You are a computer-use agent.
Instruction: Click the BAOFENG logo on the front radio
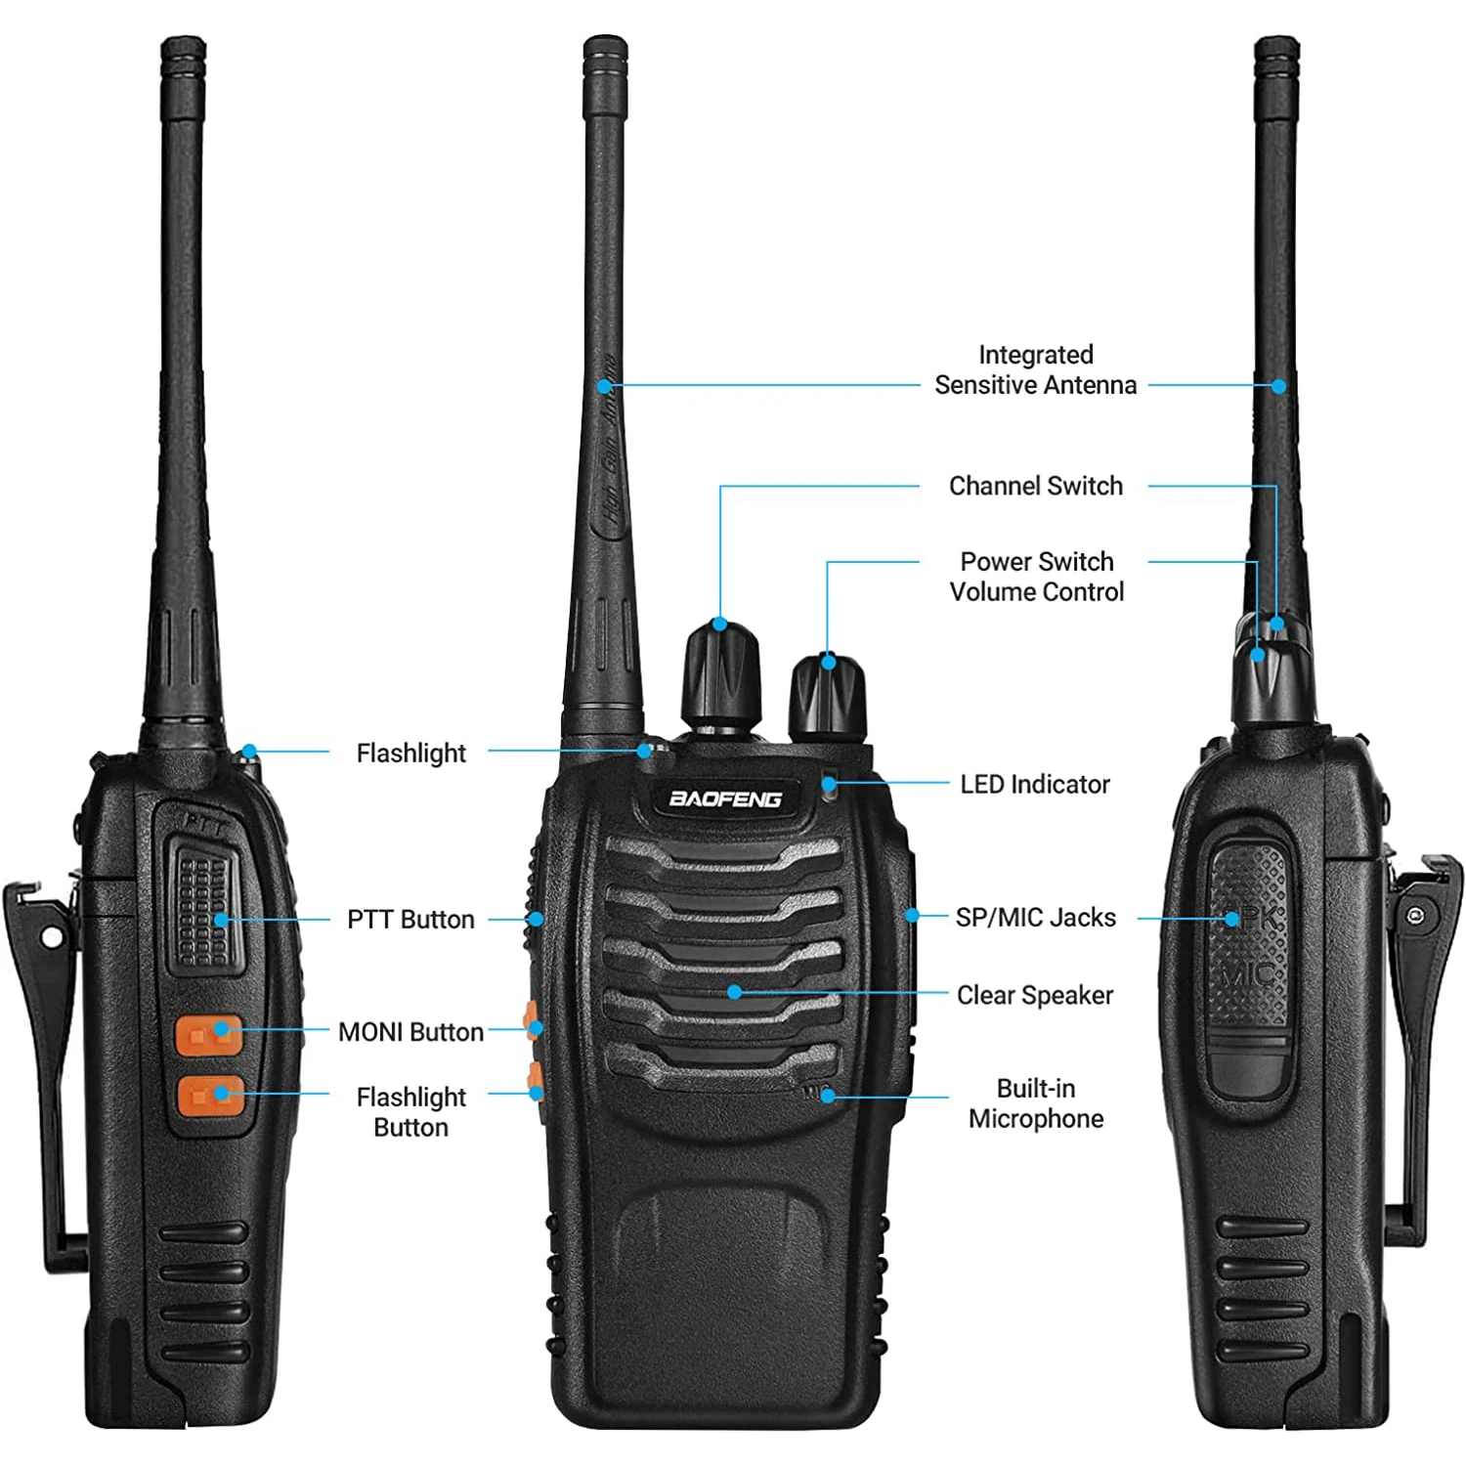[x=725, y=798]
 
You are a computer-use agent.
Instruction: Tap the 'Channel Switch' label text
[x=1035, y=486]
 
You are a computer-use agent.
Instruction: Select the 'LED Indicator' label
[x=1034, y=784]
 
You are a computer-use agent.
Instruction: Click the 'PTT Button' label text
[x=410, y=920]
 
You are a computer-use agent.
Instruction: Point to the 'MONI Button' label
[x=410, y=1032]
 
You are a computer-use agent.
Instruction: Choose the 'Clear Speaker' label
[x=1034, y=995]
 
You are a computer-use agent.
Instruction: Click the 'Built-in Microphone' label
[x=1035, y=1103]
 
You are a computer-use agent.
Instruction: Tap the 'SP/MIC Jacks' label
[x=1035, y=918]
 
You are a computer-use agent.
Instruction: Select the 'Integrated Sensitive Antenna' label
[x=1035, y=369]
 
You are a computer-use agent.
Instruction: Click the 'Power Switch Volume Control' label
[x=1036, y=577]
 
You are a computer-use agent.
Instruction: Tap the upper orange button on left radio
[x=208, y=1035]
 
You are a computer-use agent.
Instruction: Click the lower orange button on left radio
[x=209, y=1097]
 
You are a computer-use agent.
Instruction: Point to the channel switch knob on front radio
[x=721, y=674]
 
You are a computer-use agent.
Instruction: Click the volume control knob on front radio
[x=827, y=699]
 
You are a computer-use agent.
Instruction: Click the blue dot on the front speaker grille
[x=734, y=992]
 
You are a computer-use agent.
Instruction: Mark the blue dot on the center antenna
[x=605, y=386]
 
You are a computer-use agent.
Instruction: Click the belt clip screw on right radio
[x=1416, y=915]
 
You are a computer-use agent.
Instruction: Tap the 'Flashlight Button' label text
[x=410, y=1112]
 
